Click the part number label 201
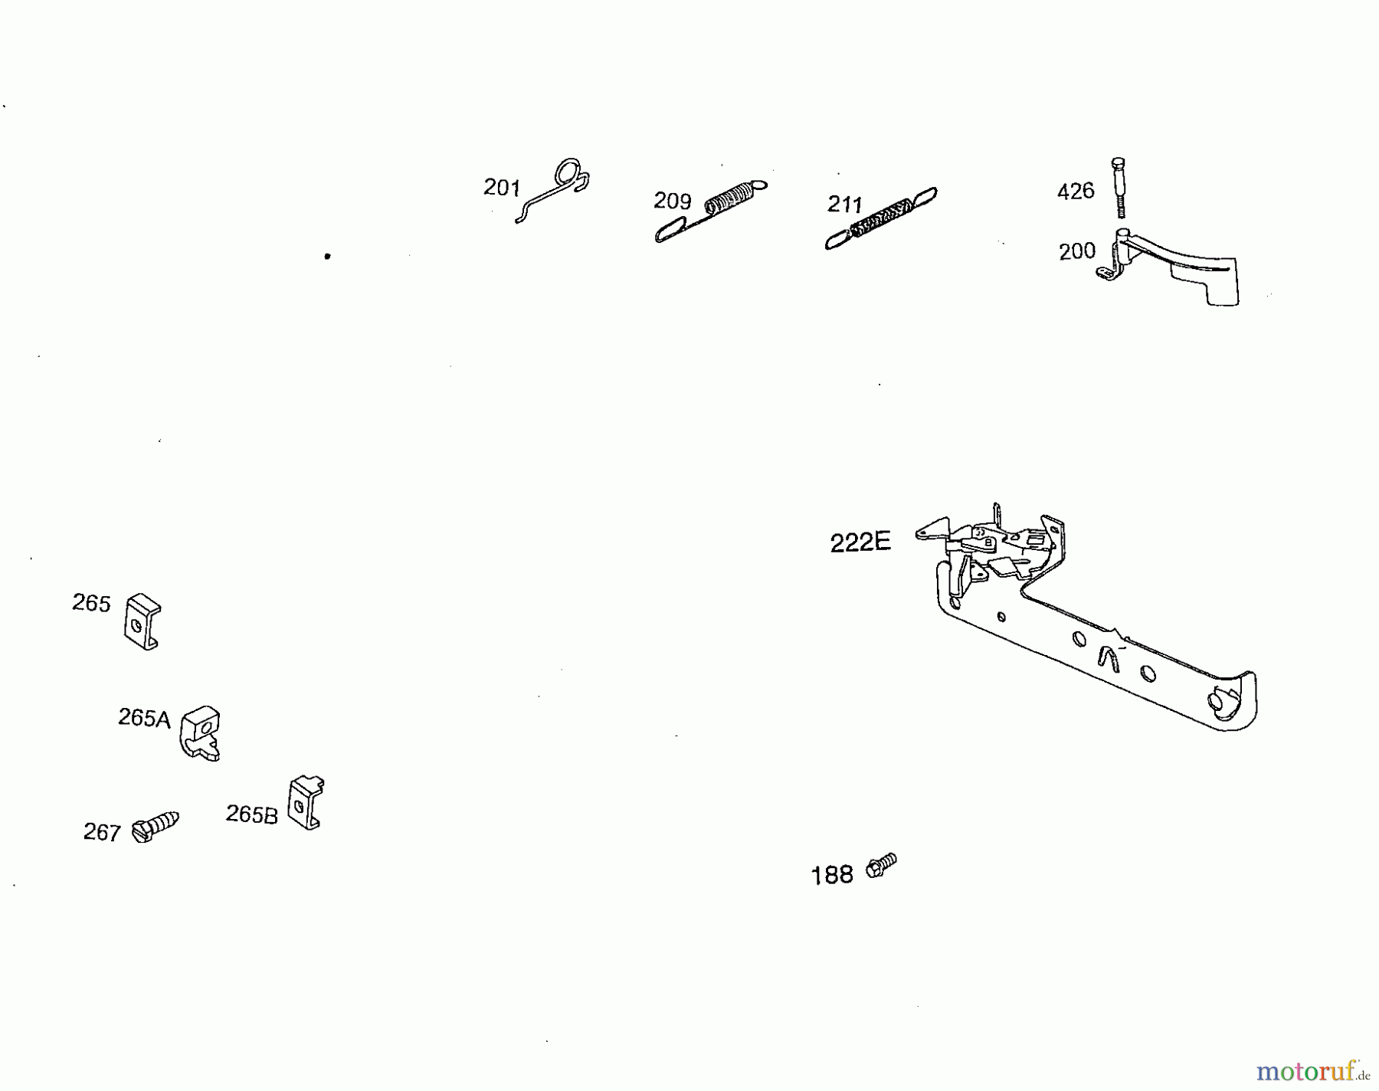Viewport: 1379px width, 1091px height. pos(502,187)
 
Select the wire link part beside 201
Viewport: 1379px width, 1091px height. pos(552,191)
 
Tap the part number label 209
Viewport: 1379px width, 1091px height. pos(673,201)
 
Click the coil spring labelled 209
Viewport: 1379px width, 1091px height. pos(712,211)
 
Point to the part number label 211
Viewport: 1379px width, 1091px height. pos(845,205)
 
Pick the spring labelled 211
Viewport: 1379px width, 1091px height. pos(881,218)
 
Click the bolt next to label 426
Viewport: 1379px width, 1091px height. pos(1119,188)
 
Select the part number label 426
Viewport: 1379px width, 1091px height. pos(1076,191)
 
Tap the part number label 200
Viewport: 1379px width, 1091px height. pos(1077,251)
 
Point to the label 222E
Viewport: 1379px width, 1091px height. pos(860,542)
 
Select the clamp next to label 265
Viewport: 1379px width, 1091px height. pos(142,622)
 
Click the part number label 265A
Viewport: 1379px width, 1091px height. pos(144,718)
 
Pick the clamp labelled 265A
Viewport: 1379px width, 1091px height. pos(201,733)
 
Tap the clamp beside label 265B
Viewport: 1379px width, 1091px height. pos(306,802)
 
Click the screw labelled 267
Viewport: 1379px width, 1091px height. pos(156,827)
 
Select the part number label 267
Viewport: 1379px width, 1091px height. pos(102,832)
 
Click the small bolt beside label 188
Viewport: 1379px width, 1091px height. pos(881,866)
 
